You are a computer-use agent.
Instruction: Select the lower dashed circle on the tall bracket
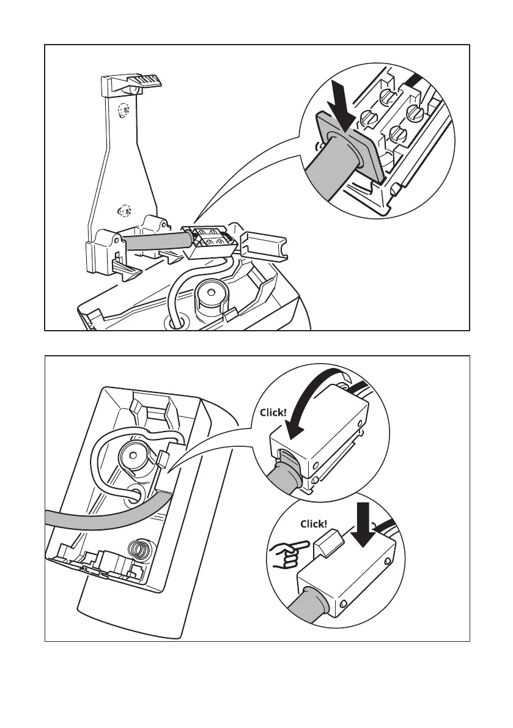[x=125, y=211]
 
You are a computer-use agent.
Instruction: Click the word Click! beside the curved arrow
[x=272, y=412]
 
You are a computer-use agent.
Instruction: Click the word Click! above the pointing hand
[x=314, y=524]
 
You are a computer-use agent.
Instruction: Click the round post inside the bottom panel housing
[x=133, y=455]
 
